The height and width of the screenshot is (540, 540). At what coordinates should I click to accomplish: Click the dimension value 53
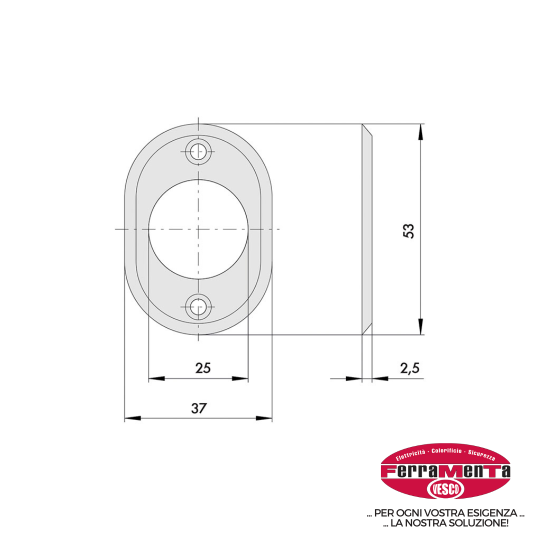(408, 231)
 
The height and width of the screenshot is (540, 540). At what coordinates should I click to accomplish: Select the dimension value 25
(203, 368)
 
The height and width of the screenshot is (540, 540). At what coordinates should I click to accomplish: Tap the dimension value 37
(198, 408)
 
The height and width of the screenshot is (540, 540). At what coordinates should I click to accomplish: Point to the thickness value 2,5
(410, 368)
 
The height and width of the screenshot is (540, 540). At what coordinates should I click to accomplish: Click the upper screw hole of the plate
(198, 151)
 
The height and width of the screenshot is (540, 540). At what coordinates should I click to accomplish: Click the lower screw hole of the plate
(198, 307)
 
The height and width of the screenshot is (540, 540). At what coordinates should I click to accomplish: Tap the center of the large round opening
(198, 229)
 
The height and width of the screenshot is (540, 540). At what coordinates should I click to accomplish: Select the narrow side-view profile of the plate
(367, 229)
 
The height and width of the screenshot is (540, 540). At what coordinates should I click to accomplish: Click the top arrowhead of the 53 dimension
(420, 132)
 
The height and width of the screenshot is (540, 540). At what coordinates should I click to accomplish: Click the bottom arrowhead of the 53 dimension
(420, 326)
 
